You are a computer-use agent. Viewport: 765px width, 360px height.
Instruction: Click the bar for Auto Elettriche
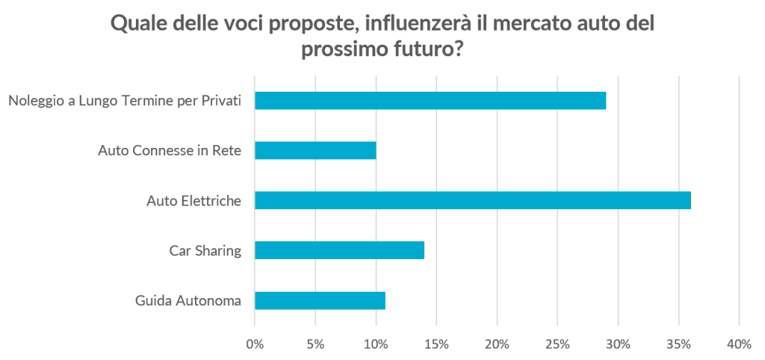[x=472, y=200]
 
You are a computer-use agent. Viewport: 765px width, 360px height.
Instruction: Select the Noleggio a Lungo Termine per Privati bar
[x=430, y=100]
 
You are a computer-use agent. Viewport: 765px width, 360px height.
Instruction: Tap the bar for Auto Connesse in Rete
[x=315, y=150]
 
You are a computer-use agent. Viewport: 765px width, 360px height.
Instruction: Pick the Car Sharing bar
[x=340, y=250]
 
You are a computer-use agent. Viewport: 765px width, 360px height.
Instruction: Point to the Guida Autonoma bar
[x=320, y=300]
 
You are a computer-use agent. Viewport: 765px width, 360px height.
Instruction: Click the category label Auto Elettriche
[x=193, y=201]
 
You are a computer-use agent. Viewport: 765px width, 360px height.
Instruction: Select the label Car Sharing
[x=205, y=251]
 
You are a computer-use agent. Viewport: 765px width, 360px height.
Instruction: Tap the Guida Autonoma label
[x=188, y=301]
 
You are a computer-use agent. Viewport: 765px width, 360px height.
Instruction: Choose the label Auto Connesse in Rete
[x=170, y=151]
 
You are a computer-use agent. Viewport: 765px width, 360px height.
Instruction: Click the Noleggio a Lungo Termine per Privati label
[x=125, y=101]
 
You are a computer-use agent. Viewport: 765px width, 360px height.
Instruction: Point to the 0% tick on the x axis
[x=255, y=344]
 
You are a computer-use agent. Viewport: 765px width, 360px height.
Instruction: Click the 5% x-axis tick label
[x=315, y=344]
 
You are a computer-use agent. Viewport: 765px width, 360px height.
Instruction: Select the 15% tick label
[x=436, y=344]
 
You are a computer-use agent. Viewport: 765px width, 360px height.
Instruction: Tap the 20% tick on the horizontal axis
[x=497, y=344]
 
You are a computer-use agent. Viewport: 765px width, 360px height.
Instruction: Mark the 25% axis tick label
[x=557, y=344]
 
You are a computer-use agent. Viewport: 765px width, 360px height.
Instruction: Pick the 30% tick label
[x=618, y=344]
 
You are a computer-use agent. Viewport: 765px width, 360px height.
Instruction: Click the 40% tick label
[x=739, y=344]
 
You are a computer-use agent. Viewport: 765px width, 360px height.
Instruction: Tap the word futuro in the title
[x=419, y=50]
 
